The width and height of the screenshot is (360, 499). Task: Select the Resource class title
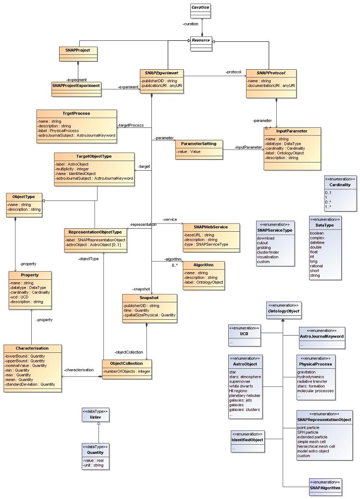click(201, 41)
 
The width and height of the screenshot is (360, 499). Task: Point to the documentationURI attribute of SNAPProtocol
click(271, 86)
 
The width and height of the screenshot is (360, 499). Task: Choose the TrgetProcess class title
click(76, 113)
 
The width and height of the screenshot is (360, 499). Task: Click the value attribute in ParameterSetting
click(188, 151)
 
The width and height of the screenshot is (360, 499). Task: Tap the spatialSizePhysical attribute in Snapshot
click(149, 315)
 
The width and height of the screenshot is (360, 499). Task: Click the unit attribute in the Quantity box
click(93, 465)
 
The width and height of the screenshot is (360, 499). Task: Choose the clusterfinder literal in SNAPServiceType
click(270, 252)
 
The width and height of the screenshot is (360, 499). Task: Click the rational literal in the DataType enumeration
click(316, 266)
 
